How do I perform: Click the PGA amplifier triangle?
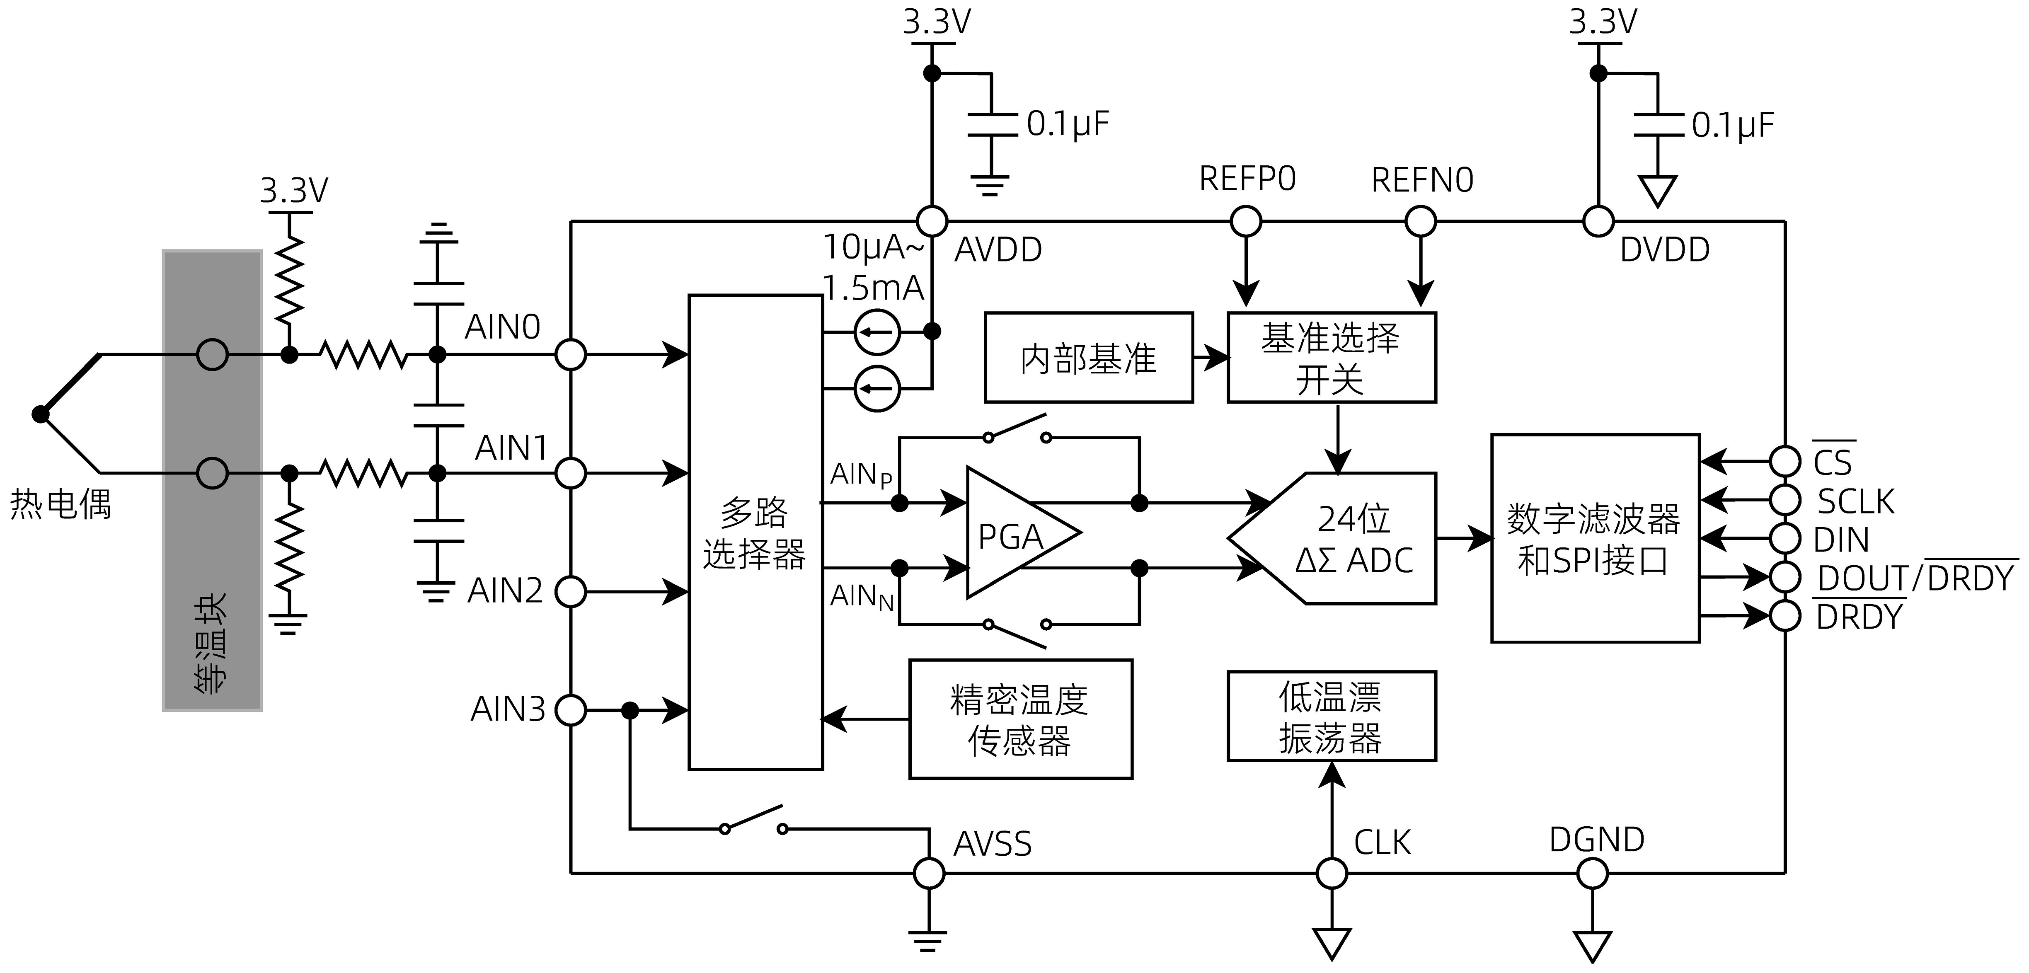[1016, 534]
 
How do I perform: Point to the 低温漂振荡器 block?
[1331, 716]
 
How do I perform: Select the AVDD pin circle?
[932, 221]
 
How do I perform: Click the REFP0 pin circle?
[1246, 221]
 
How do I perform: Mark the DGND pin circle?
[1593, 873]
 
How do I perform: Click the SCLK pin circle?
[1785, 499]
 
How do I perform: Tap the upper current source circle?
[876, 332]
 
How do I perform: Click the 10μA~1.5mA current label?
[873, 268]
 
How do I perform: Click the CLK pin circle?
[1332, 873]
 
